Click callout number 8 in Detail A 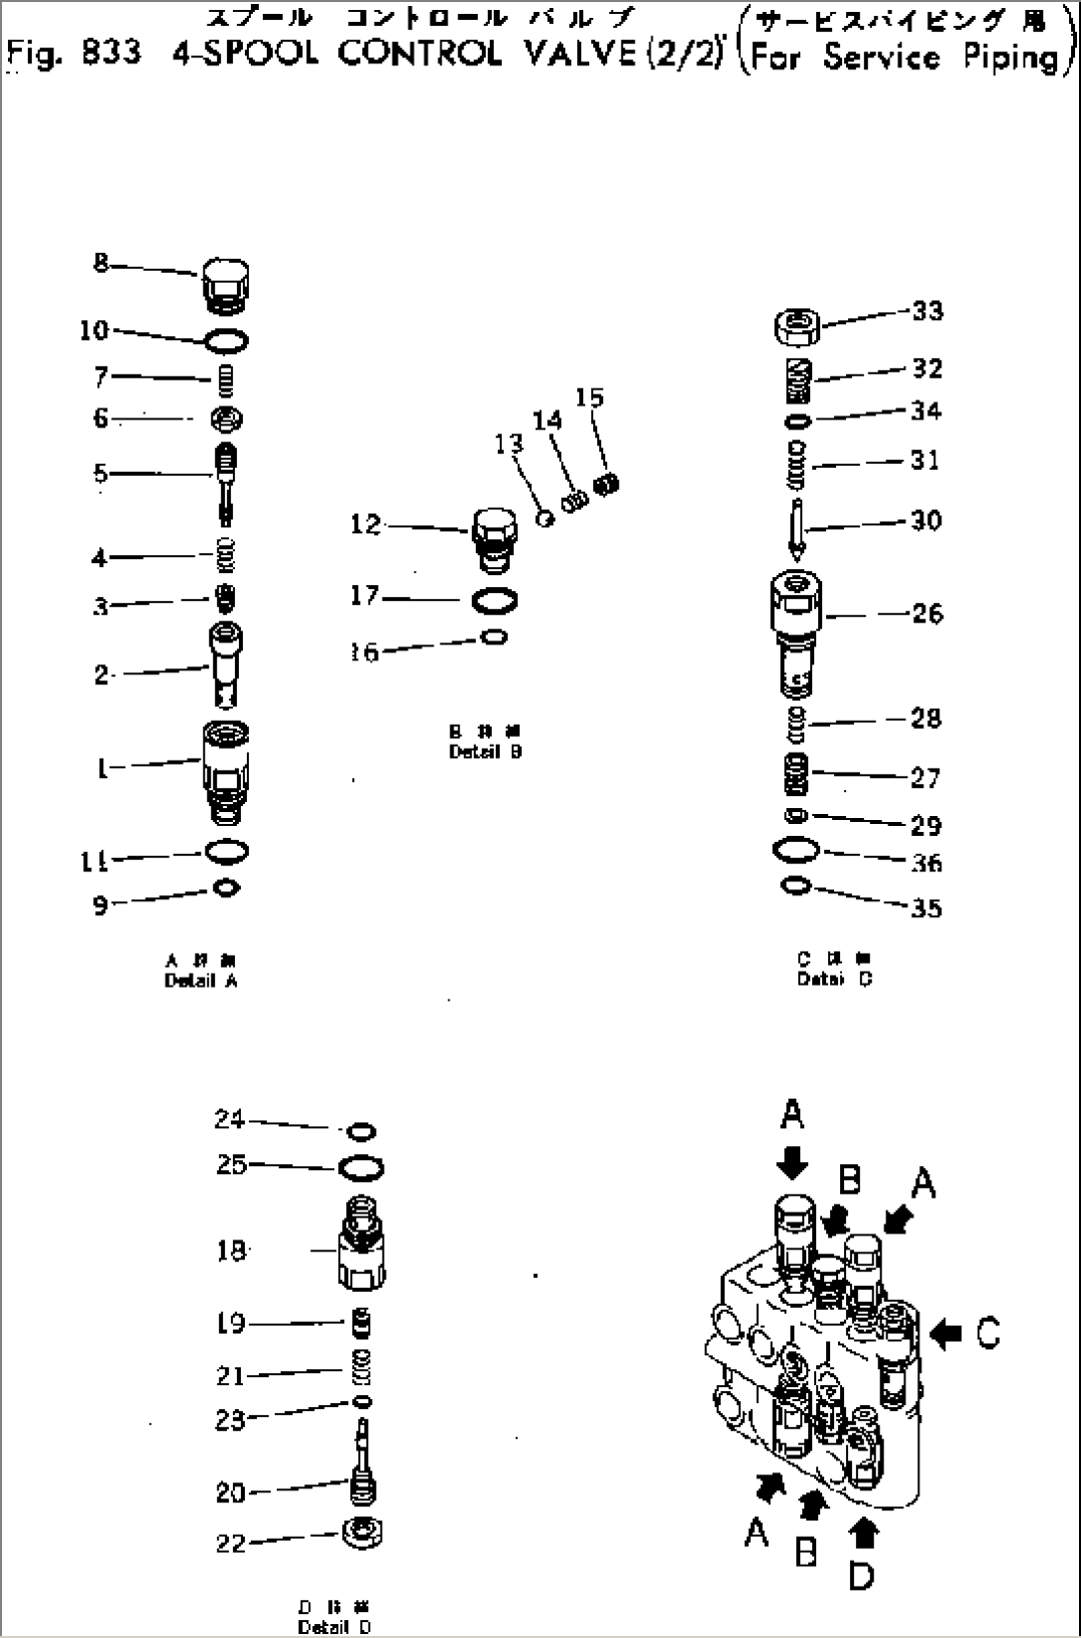[x=100, y=264]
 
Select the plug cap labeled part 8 [x=225, y=285]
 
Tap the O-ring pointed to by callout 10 [x=227, y=341]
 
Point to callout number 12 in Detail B [x=365, y=525]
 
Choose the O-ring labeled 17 [x=496, y=601]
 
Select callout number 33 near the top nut [x=927, y=311]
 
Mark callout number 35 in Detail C [x=926, y=908]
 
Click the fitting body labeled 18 [x=362, y=1251]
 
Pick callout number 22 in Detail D [x=230, y=1544]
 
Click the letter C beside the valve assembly [x=989, y=1334]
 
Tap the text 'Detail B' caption [x=485, y=752]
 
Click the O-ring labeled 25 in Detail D [x=362, y=1169]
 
